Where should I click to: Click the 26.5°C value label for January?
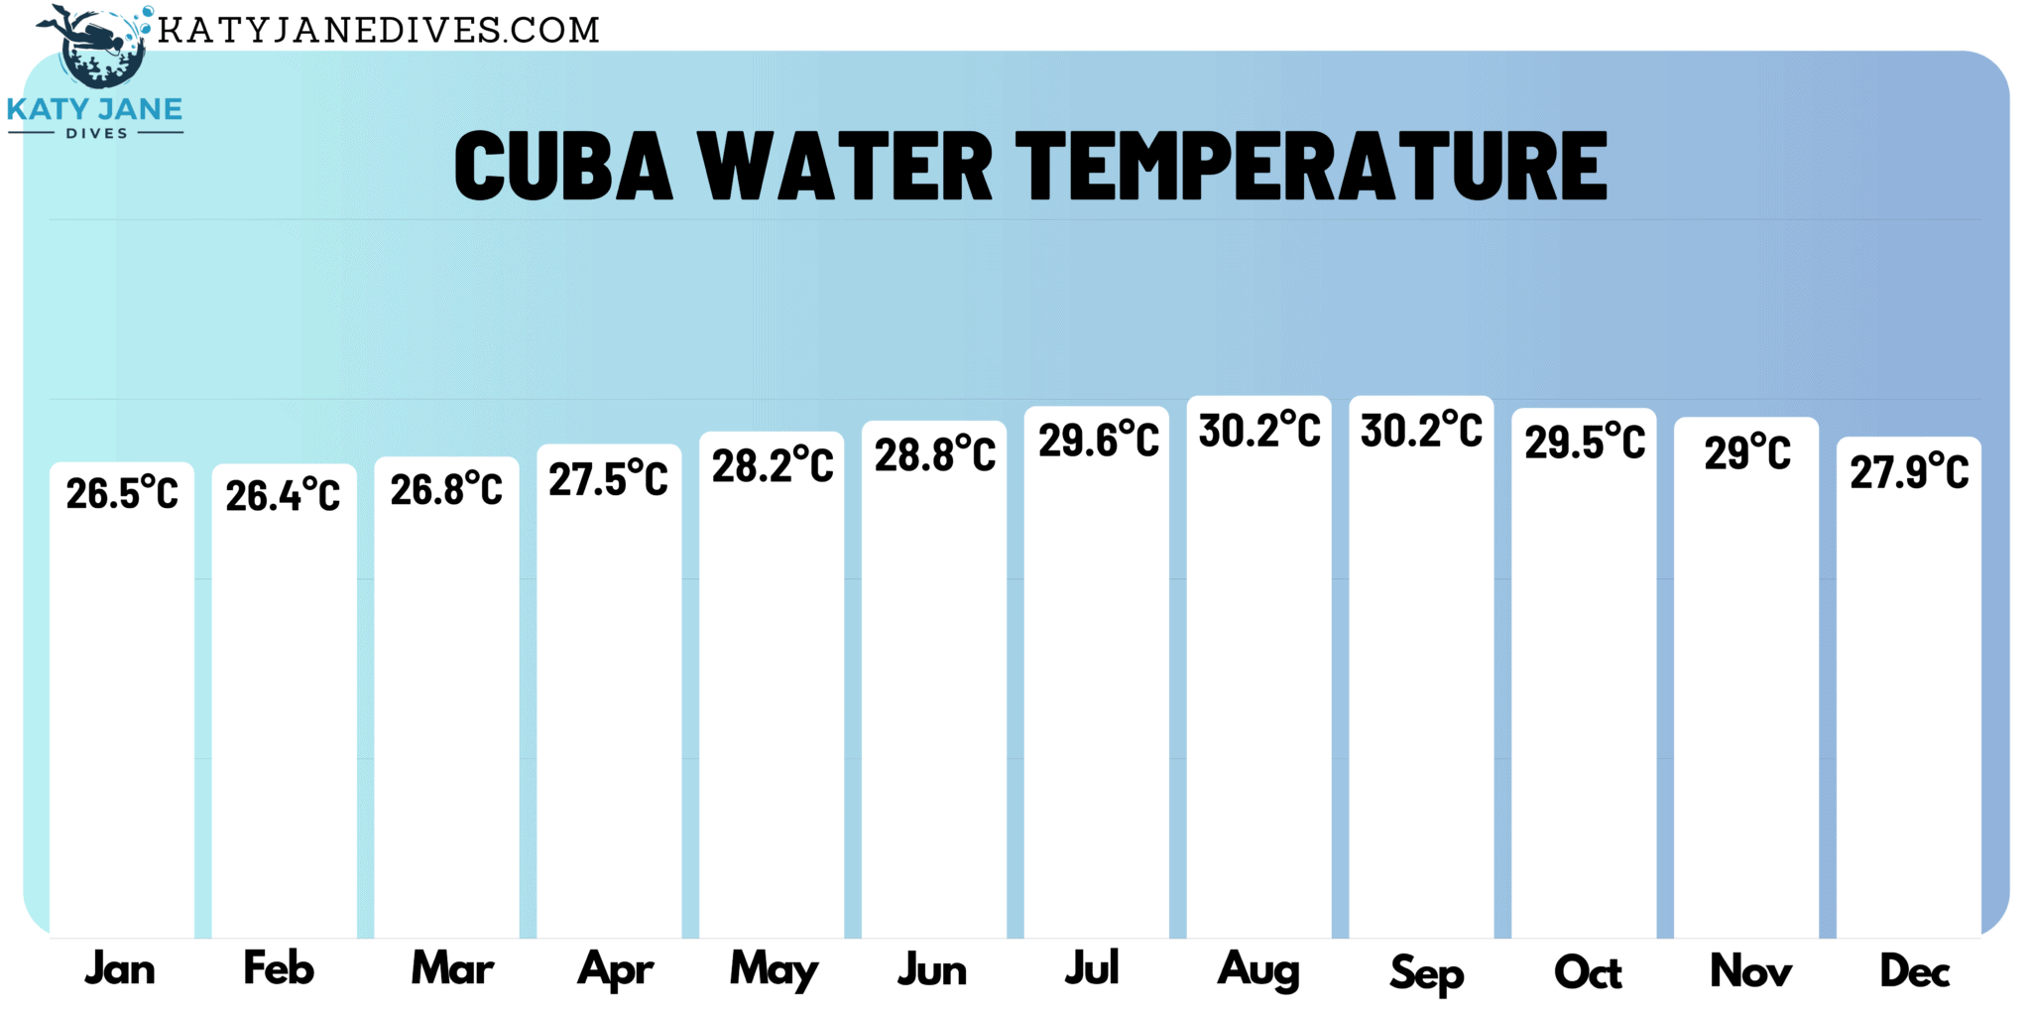click(x=122, y=493)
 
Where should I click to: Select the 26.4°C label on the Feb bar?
click(x=283, y=495)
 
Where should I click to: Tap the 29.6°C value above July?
click(x=1098, y=440)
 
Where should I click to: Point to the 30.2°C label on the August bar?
click(x=1259, y=431)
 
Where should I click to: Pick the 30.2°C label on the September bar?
click(x=1421, y=431)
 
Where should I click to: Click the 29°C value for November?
click(x=1747, y=453)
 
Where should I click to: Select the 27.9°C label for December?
click(x=1909, y=471)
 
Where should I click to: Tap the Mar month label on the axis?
click(x=452, y=968)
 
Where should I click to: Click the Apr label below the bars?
click(x=615, y=970)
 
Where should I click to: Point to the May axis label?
click(x=775, y=970)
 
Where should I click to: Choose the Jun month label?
click(x=932, y=969)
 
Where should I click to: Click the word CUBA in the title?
click(x=563, y=167)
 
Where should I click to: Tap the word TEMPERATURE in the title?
click(x=1311, y=167)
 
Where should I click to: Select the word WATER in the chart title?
click(x=845, y=167)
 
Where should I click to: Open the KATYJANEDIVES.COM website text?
click(x=379, y=31)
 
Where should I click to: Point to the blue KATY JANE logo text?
click(x=95, y=109)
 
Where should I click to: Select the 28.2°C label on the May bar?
click(x=773, y=465)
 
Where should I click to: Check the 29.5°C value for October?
click(x=1585, y=443)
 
